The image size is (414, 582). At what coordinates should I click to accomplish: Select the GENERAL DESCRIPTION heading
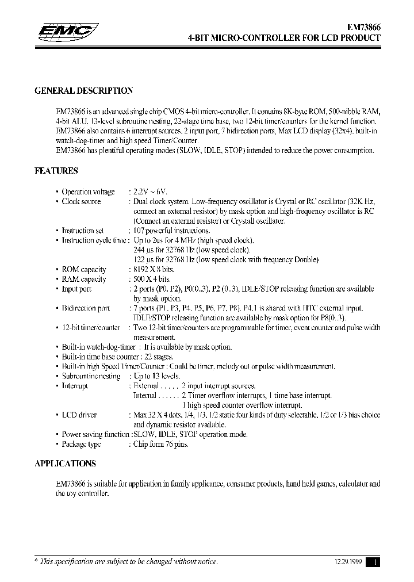84,91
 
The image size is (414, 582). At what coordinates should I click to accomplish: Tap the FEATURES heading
56,171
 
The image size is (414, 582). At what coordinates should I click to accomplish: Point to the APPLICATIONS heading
65,464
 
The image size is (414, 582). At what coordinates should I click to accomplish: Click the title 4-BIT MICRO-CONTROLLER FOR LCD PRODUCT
284,38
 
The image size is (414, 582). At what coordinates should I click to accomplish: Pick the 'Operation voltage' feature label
88,192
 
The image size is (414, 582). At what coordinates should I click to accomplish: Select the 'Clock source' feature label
81,201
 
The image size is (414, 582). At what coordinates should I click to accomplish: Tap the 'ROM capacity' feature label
84,269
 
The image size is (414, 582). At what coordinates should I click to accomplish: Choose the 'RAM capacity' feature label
84,279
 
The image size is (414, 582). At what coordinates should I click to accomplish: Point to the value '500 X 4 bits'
152,279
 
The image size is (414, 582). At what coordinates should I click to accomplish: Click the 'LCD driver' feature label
80,415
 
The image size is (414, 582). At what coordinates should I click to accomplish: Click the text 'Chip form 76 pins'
161,444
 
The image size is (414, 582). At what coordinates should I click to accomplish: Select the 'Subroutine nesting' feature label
91,376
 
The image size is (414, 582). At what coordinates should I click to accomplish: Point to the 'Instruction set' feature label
83,231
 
